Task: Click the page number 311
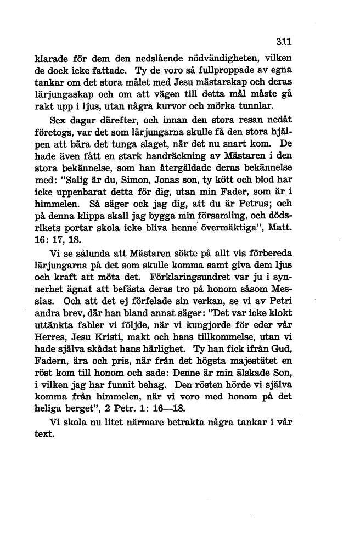point(283,40)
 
